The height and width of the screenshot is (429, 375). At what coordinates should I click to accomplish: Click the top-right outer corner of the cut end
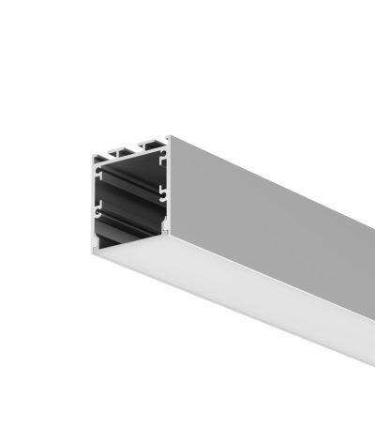(170, 137)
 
